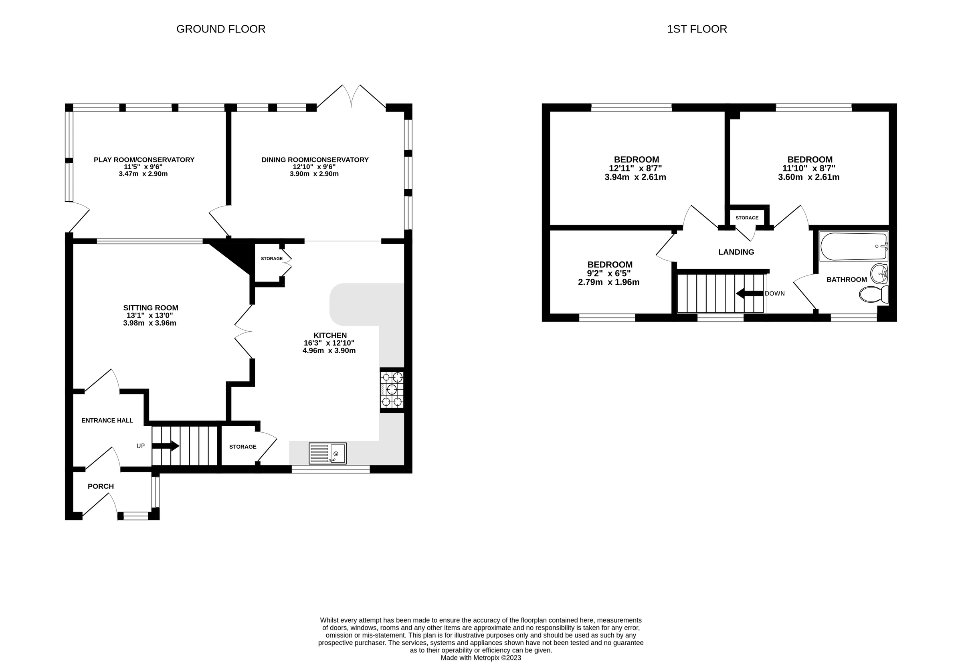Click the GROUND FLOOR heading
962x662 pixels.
tap(220, 29)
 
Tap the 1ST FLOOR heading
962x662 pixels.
tap(697, 29)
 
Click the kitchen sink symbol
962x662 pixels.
tap(327, 453)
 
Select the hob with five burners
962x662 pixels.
tap(392, 389)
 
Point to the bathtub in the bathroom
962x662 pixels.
tap(853, 246)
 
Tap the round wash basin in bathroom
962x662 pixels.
tap(879, 273)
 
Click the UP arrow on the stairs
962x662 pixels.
tap(166, 446)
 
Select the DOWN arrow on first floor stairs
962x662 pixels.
tap(750, 293)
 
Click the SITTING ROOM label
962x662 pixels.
tap(151, 308)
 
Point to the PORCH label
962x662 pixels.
tap(101, 486)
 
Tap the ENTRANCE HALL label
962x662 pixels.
tap(107, 420)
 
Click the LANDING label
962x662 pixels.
tap(736, 252)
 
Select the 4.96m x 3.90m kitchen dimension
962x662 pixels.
tap(329, 350)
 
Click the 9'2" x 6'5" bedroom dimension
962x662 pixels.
tap(609, 273)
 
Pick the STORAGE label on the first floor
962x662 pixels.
tap(747, 218)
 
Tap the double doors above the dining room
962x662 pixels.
tap(351, 96)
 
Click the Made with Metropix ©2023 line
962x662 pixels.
tap(481, 658)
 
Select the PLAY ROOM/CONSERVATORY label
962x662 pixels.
tap(144, 160)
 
